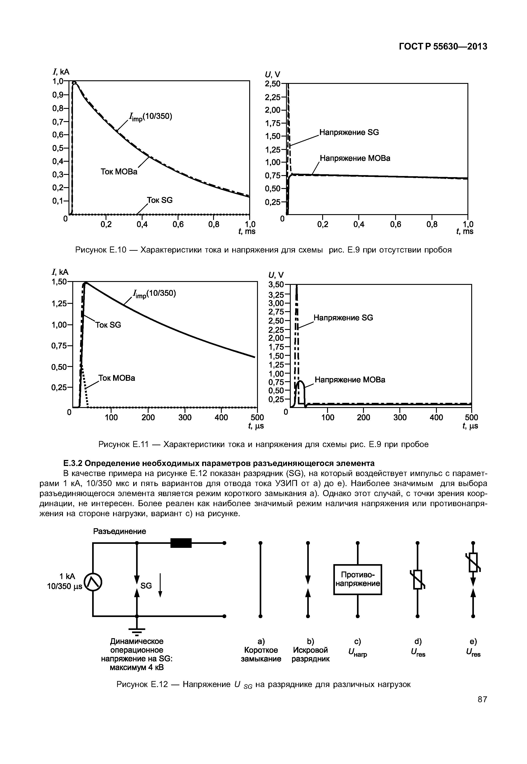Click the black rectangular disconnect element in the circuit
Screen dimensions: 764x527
(x=181, y=543)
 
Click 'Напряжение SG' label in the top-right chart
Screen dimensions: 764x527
(x=349, y=133)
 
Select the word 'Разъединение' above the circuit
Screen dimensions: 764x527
(x=120, y=531)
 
